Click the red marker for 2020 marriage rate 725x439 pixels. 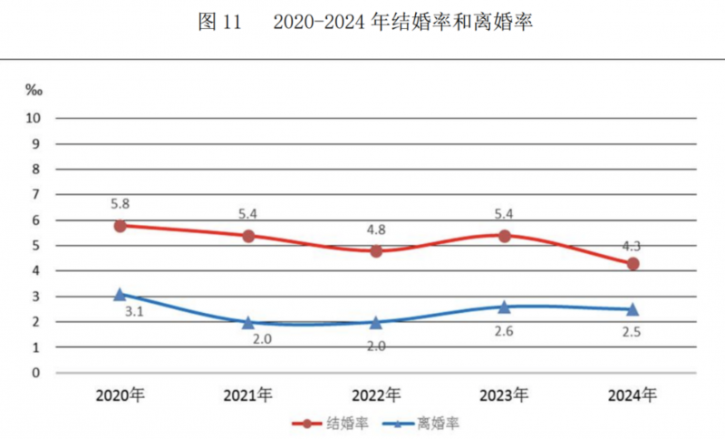pyautogui.click(x=120, y=225)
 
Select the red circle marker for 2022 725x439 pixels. pyautogui.click(x=376, y=250)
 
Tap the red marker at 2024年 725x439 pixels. pyautogui.click(x=633, y=263)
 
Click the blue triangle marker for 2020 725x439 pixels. pyautogui.click(x=120, y=294)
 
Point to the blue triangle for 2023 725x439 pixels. pyautogui.click(x=505, y=307)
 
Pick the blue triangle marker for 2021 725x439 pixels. pyautogui.click(x=247, y=322)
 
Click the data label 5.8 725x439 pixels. pyautogui.click(x=120, y=204)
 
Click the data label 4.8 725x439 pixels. pyautogui.click(x=376, y=229)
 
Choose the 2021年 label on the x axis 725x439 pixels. pyautogui.click(x=247, y=395)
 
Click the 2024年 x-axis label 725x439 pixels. pyautogui.click(x=632, y=395)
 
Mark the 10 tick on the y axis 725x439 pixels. pyautogui.click(x=35, y=118)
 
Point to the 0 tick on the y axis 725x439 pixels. pyautogui.click(x=38, y=373)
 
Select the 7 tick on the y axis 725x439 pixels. pyautogui.click(x=38, y=194)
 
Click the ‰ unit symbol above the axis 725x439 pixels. pyautogui.click(x=34, y=89)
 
